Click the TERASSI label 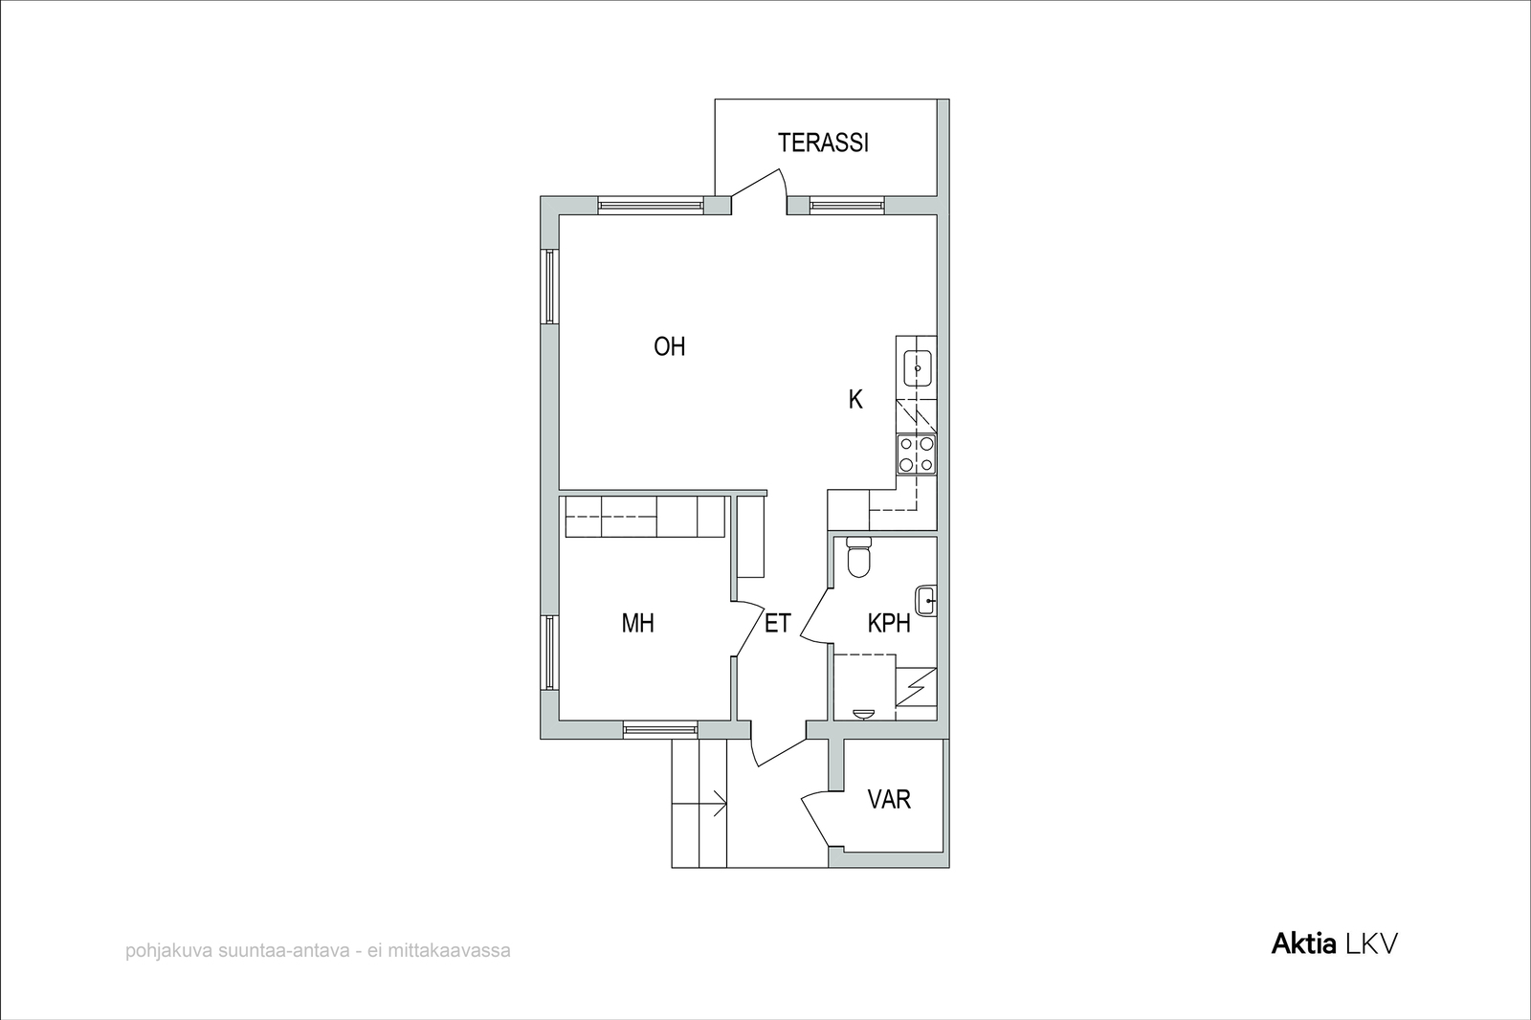pyautogui.click(x=823, y=143)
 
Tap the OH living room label pyautogui.click(x=669, y=346)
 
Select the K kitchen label pyautogui.click(x=855, y=399)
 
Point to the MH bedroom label pyautogui.click(x=637, y=623)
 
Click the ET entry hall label pyautogui.click(x=778, y=623)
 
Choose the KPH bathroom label pyautogui.click(x=889, y=623)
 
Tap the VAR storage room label pyautogui.click(x=889, y=799)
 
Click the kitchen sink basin pyautogui.click(x=918, y=368)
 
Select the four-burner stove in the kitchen pyautogui.click(x=917, y=455)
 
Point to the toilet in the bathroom pyautogui.click(x=858, y=557)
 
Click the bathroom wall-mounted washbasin pyautogui.click(x=926, y=601)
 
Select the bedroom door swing pyautogui.click(x=748, y=629)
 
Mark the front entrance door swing pyautogui.click(x=778, y=753)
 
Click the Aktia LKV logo pyautogui.click(x=1334, y=944)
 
